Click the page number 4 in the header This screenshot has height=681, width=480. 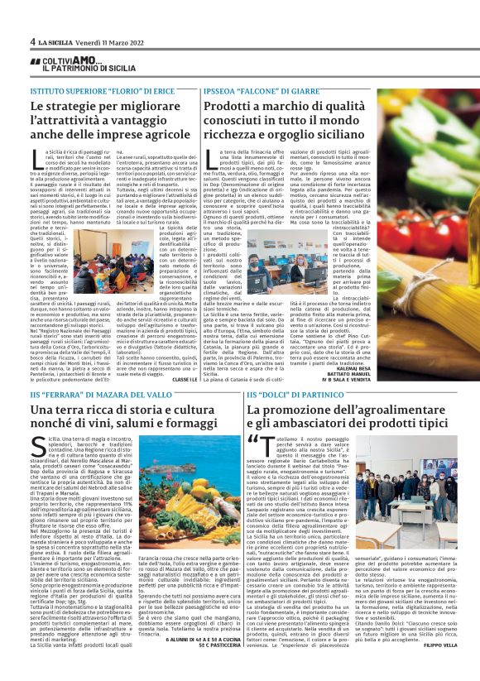31,41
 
